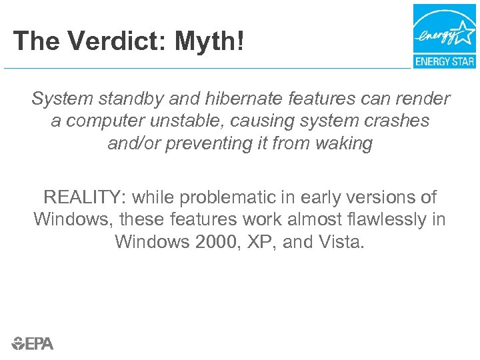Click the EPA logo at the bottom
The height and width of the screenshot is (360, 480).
pos(32,343)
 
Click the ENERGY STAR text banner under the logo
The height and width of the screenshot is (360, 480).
pos(444,61)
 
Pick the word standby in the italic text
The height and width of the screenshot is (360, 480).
pos(138,99)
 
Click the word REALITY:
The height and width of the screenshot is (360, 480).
pos(85,197)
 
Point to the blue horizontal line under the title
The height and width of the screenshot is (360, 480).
pos(207,68)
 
